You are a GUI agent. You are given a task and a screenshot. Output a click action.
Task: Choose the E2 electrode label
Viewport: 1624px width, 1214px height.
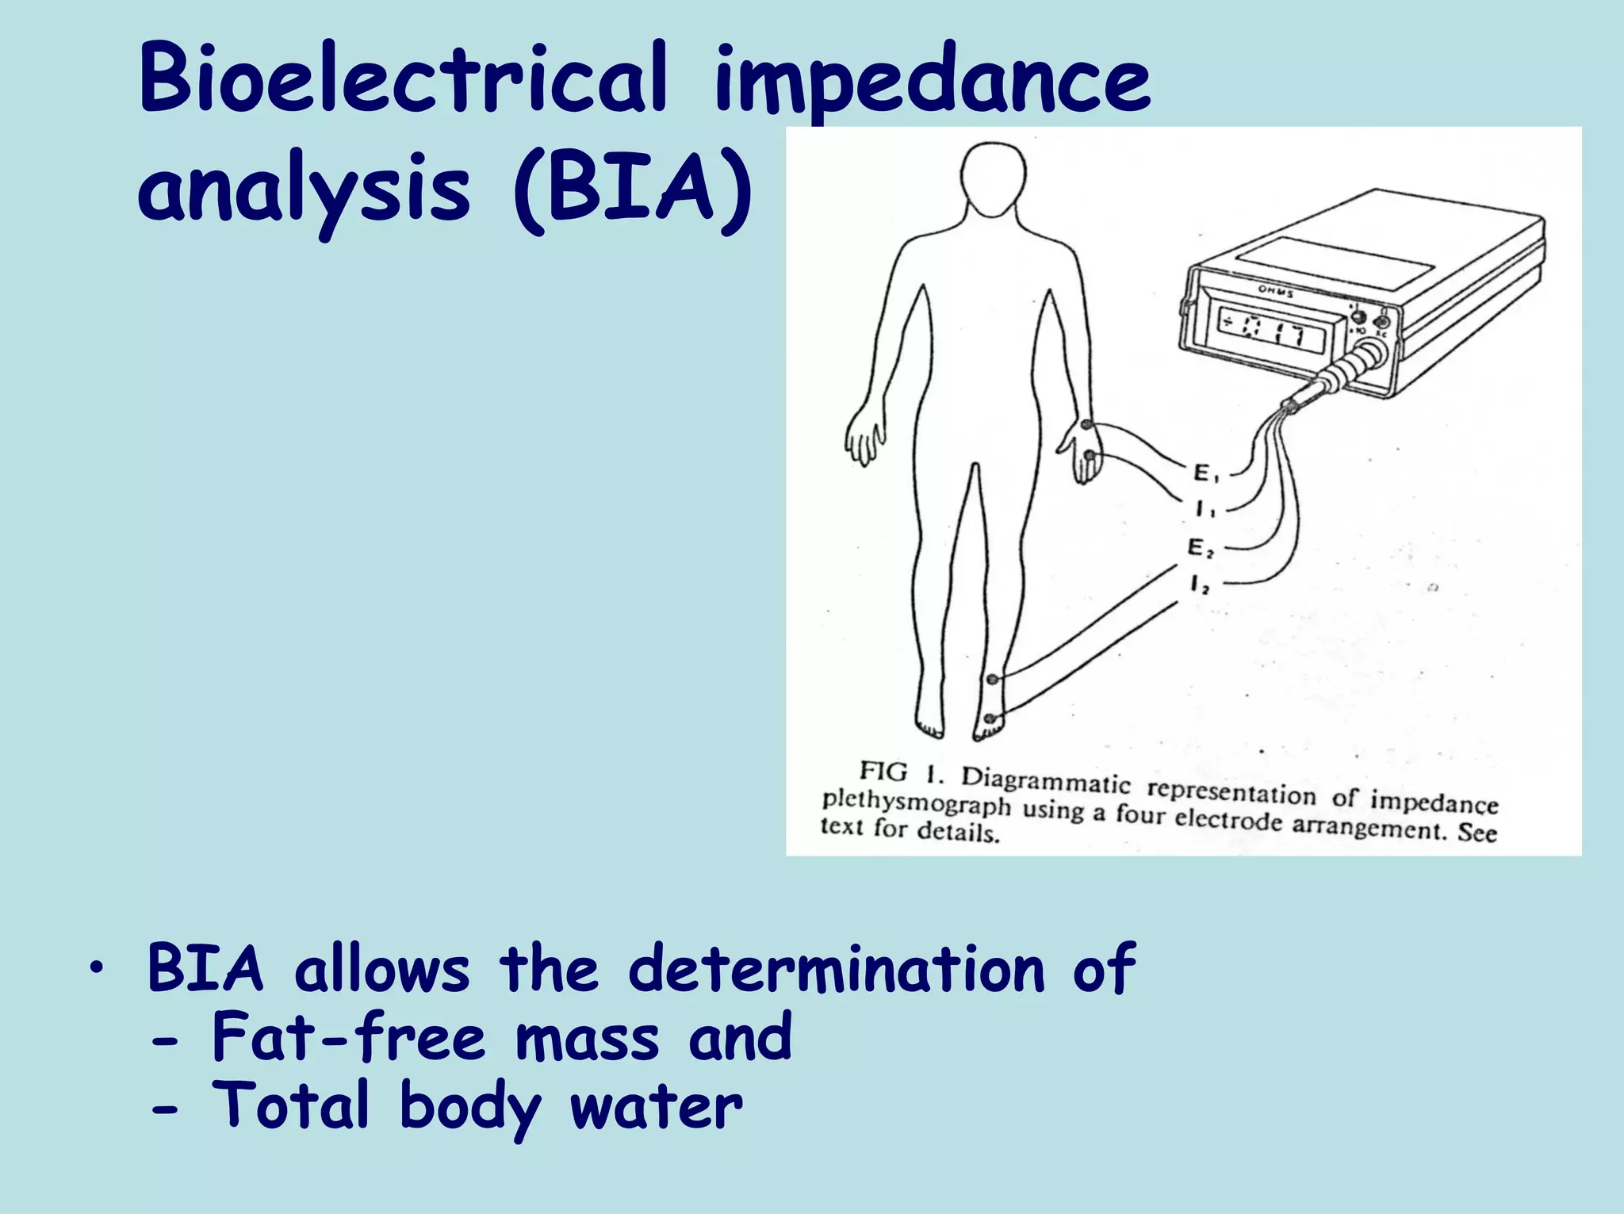coord(1200,548)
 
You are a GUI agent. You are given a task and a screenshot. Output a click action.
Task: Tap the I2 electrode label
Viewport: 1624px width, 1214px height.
coord(1200,586)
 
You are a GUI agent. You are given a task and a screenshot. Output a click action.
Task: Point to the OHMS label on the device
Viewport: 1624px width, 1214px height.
coord(1276,293)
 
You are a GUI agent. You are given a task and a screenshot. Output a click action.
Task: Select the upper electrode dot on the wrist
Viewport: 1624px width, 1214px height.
coord(1086,425)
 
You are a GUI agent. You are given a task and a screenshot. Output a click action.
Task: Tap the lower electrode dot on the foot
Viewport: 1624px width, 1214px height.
coord(990,718)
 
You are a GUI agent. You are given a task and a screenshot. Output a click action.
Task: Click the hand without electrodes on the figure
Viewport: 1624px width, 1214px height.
coord(864,439)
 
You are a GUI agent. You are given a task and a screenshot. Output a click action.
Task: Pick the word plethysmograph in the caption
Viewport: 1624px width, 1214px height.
coord(916,802)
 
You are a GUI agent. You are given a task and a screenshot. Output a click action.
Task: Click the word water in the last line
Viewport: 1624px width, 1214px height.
coord(657,1106)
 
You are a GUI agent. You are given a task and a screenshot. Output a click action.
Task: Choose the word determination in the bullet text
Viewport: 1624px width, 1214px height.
coord(837,969)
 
